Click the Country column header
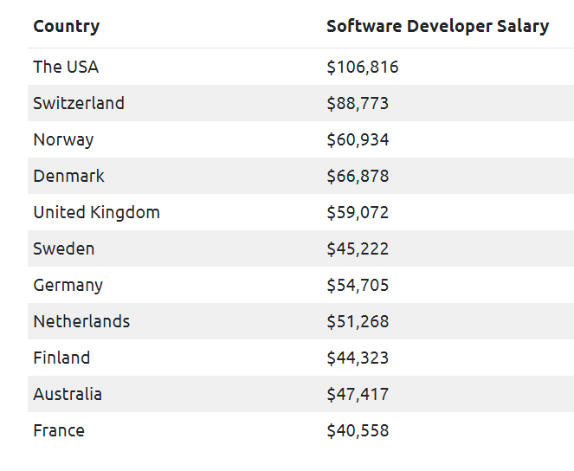tap(66, 26)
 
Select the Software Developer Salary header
tap(437, 26)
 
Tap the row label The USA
tap(66, 67)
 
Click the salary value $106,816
tap(363, 67)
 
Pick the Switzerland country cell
tap(79, 103)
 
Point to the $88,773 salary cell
tap(358, 103)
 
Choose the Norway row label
tap(63, 139)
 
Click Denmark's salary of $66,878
tap(358, 176)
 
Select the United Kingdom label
tap(96, 212)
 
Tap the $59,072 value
tap(358, 212)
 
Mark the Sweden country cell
tap(64, 248)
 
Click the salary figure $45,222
tap(358, 248)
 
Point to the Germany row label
tap(68, 285)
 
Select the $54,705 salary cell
tap(358, 285)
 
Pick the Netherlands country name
tap(81, 321)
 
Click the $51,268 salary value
tap(358, 321)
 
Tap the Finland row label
tap(61, 358)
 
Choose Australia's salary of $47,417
tap(358, 394)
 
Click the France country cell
tap(59, 430)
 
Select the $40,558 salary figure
tap(358, 430)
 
